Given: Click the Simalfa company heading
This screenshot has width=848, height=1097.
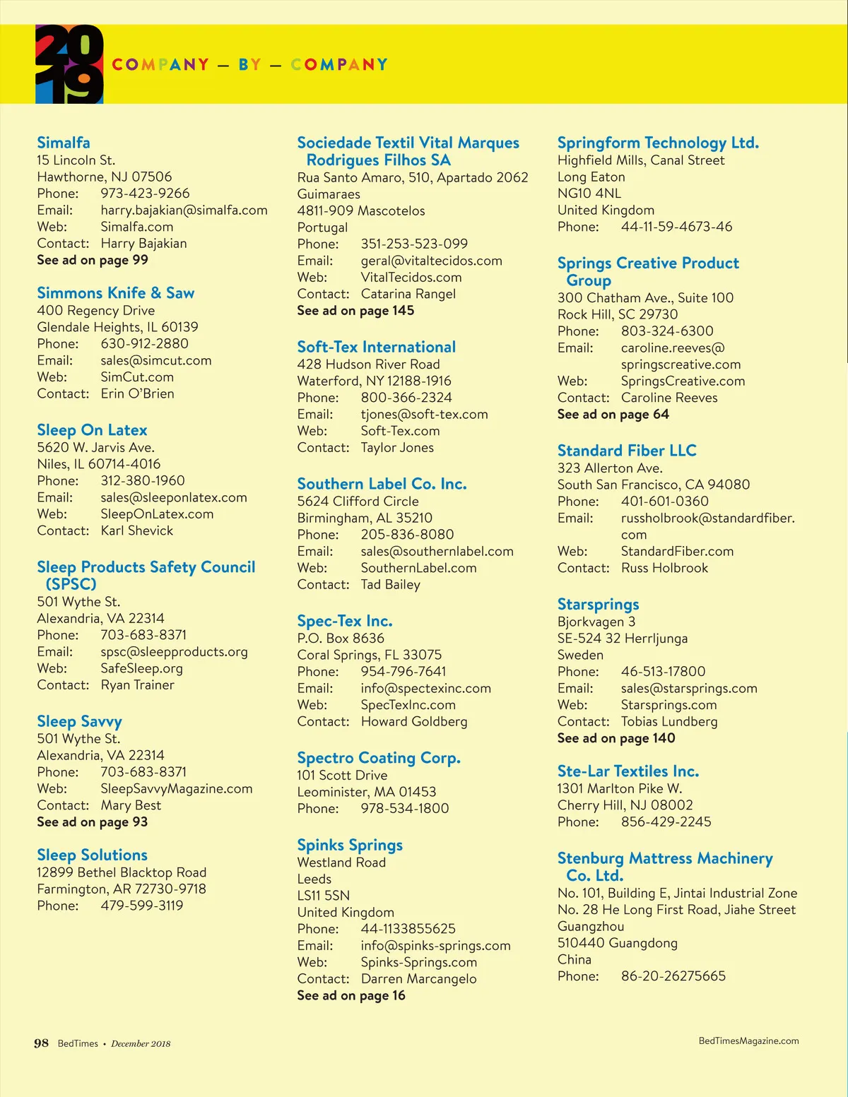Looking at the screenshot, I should [64, 143].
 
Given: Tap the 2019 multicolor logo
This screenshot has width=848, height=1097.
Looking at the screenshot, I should [69, 64].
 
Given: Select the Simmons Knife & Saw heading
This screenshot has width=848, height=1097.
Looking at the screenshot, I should [115, 293].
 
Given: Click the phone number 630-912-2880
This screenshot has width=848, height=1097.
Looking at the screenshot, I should [144, 344].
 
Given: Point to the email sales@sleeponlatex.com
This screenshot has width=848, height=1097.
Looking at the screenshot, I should [174, 497].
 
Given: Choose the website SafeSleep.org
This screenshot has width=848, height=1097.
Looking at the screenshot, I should [141, 668].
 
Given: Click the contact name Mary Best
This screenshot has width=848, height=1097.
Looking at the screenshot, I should [131, 805].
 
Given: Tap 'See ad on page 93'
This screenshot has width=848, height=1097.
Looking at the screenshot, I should [93, 822].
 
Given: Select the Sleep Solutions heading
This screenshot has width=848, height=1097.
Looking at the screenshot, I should [92, 855].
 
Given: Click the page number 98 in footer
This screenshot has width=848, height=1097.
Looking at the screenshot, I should [42, 1043].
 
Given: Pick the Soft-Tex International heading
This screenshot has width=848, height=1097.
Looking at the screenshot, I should [376, 347].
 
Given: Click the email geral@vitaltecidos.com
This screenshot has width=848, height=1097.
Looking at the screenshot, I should [431, 261].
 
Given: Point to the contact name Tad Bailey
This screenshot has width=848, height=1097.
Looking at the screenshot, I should [390, 585].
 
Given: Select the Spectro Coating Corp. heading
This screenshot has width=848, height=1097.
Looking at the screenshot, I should [379, 758].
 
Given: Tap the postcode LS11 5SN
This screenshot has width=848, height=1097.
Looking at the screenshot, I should [324, 896].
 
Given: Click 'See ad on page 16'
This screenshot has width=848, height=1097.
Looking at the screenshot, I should [351, 996].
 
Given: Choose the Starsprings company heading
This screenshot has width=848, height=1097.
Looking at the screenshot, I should [598, 605].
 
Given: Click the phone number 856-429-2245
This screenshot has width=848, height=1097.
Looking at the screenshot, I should [666, 822].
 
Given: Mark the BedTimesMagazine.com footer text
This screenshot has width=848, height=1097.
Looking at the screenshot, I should [748, 1041].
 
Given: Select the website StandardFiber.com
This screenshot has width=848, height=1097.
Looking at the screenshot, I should [677, 552].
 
